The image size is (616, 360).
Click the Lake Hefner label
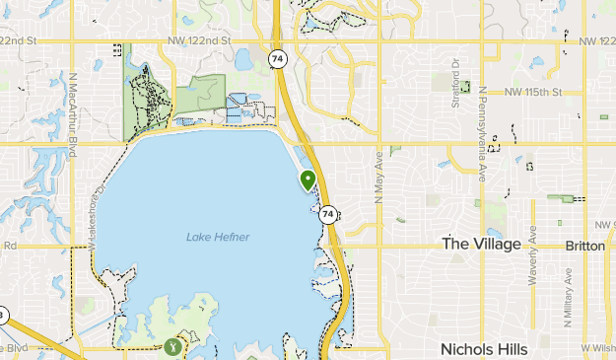(x=218, y=237)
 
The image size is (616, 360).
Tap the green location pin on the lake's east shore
(x=308, y=180)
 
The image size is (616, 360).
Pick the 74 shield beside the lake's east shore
(x=329, y=214)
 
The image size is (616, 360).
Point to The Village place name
(x=481, y=244)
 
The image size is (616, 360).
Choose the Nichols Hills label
(x=484, y=349)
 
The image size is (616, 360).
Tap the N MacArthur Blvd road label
(x=72, y=114)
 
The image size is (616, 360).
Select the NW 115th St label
(x=532, y=93)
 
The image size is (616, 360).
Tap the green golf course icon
(x=173, y=346)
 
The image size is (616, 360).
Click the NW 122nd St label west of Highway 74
(x=199, y=41)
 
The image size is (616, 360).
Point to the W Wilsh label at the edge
(x=597, y=348)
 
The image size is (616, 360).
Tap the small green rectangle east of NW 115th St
(x=603, y=117)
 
